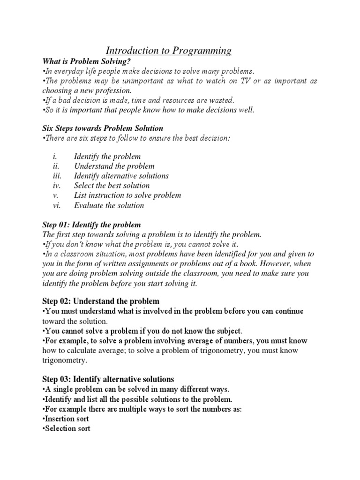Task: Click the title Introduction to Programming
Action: coord(168,51)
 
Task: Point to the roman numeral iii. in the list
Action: coord(57,176)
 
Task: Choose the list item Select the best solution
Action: coord(112,186)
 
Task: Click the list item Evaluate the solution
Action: coord(109,205)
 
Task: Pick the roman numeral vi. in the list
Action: coord(57,205)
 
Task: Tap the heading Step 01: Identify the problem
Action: coord(91,225)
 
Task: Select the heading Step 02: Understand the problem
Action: coord(101,300)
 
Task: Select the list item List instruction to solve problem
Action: coord(127,195)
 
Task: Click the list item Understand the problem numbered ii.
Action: coord(114,166)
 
